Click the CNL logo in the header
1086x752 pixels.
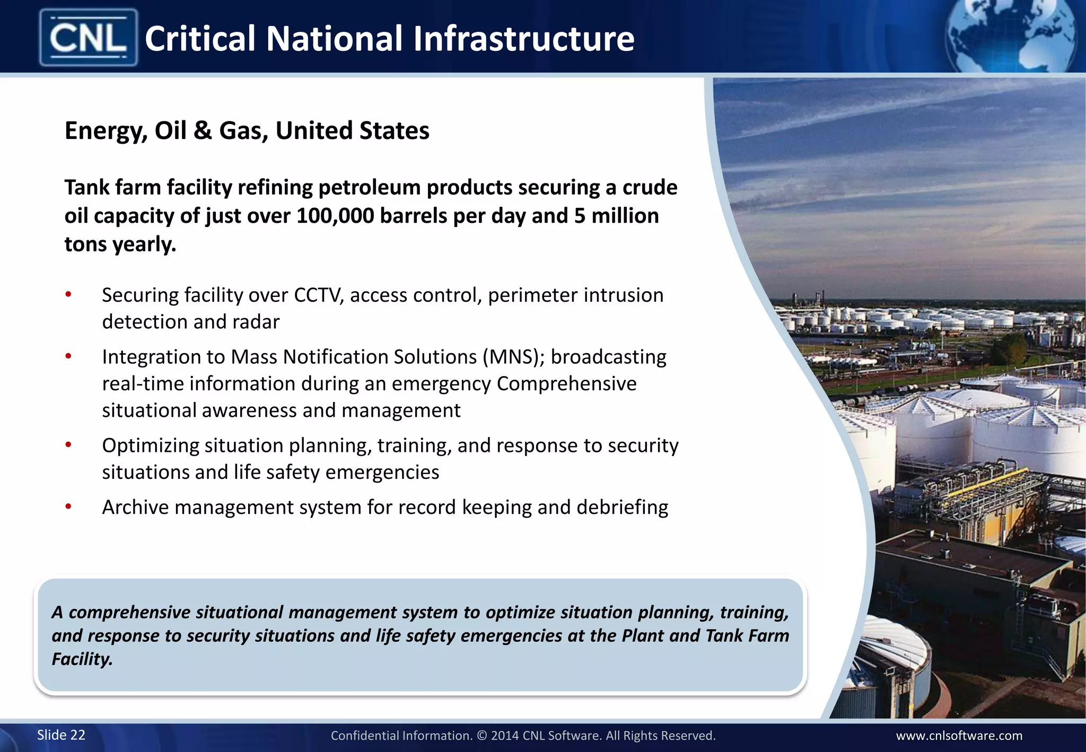[x=88, y=38]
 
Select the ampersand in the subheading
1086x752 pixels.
[x=203, y=130]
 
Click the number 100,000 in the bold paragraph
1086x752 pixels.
[x=335, y=216]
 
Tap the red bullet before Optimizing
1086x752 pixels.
[x=68, y=445]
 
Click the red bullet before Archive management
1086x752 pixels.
[x=68, y=507]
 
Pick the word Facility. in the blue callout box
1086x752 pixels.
[x=82, y=659]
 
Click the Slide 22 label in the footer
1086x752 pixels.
[x=61, y=735]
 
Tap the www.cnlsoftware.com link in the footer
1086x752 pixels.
[x=959, y=736]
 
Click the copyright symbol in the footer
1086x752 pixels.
[x=481, y=736]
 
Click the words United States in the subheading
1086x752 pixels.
[x=352, y=130]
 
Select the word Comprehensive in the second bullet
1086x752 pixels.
[x=566, y=383]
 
